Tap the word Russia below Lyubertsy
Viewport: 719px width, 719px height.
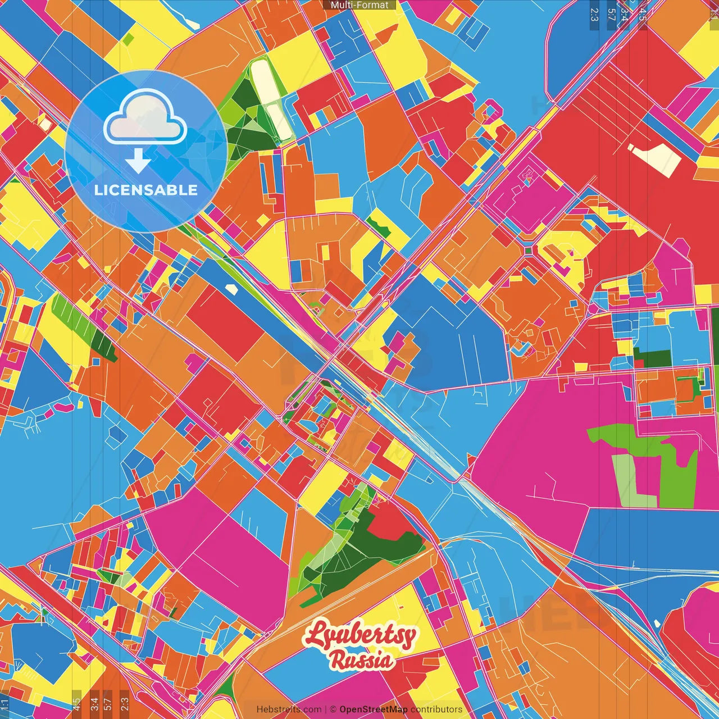362,661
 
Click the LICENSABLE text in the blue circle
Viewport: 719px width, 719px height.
146,190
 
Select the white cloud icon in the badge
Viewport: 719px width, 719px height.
145,117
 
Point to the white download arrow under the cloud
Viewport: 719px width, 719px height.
138,161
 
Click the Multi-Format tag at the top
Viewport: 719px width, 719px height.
359,5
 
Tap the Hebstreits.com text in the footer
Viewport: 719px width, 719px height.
289,709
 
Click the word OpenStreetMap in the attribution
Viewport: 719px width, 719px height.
374,709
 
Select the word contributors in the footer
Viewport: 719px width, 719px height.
436,709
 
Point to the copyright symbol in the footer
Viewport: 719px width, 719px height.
333,709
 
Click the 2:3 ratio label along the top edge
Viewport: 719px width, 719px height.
594,15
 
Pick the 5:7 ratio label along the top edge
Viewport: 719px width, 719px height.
611,15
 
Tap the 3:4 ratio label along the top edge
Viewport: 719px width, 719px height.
625,15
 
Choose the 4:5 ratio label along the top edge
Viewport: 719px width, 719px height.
642,15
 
